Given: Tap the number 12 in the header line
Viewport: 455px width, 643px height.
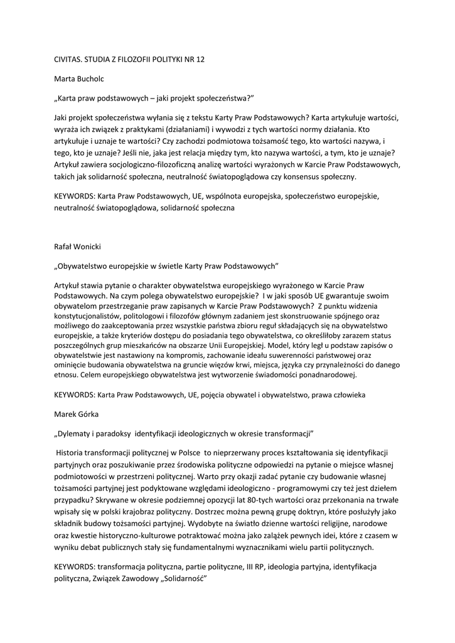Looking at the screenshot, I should tap(199, 59).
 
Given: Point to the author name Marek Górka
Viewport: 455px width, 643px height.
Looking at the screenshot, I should tap(75, 414).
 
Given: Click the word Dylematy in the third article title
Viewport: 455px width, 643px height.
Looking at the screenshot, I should tap(76, 434).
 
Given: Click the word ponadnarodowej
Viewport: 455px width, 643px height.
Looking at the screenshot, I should tap(323, 375).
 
